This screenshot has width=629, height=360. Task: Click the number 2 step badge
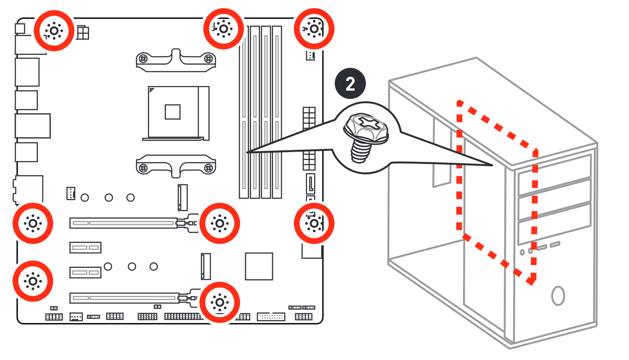pyautogui.click(x=350, y=83)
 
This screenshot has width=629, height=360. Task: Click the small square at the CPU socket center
pyautogui.click(x=172, y=112)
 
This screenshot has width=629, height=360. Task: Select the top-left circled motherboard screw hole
pyautogui.click(x=54, y=31)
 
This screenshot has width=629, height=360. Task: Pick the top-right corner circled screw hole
pyautogui.click(x=314, y=29)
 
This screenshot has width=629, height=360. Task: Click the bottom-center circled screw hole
pyautogui.click(x=219, y=302)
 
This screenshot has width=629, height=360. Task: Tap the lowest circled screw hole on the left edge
pyautogui.click(x=33, y=281)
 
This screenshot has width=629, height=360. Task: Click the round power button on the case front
pyautogui.click(x=558, y=296)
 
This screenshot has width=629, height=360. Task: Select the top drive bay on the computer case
pyautogui.click(x=555, y=175)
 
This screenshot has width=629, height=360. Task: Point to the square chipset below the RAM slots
pyautogui.click(x=259, y=266)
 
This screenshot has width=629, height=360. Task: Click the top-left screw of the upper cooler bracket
pyautogui.click(x=143, y=59)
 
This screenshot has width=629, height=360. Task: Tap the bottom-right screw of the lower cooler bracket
pyautogui.click(x=208, y=168)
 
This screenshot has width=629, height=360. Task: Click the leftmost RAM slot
pyautogui.click(x=244, y=112)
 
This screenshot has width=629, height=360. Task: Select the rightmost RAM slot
pyautogui.click(x=277, y=112)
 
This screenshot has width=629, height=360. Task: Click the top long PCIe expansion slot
pyautogui.click(x=124, y=223)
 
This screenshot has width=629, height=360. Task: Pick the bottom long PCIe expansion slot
pyautogui.click(x=124, y=298)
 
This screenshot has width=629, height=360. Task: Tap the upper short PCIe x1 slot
pyautogui.click(x=85, y=248)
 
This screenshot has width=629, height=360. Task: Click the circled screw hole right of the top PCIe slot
pyautogui.click(x=219, y=223)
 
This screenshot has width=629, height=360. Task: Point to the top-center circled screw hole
pyautogui.click(x=223, y=29)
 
